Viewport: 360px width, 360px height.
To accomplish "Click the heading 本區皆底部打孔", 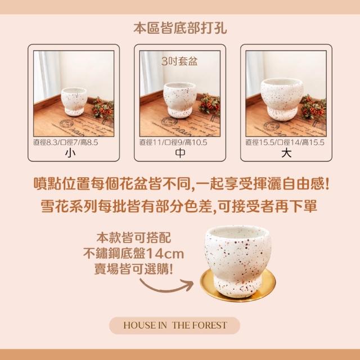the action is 180,28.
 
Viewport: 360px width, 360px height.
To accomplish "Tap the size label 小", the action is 70,153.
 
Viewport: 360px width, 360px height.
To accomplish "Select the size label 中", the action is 180,153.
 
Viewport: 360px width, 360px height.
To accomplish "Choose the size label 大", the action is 286,153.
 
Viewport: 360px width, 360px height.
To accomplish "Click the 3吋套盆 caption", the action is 179,61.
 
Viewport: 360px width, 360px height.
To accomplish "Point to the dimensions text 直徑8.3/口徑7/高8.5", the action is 66,142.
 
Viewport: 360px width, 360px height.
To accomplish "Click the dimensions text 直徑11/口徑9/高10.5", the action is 173,142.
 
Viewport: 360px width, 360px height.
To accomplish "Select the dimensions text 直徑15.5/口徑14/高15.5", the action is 285,142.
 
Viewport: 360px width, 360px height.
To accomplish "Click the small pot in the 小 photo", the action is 74,101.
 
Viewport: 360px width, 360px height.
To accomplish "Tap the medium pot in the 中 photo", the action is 180,100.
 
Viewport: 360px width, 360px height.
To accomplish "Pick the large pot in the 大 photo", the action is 282,99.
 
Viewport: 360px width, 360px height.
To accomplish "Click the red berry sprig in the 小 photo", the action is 103,109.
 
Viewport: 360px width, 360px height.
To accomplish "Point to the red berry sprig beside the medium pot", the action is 209,105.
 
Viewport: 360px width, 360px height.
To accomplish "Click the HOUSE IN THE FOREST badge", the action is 175,325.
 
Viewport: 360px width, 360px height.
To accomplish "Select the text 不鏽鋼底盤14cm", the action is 134,254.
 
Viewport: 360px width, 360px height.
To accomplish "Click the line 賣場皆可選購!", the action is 134,269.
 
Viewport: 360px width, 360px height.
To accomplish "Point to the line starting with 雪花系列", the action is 179,206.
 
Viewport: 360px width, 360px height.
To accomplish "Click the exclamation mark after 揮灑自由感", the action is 327,184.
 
